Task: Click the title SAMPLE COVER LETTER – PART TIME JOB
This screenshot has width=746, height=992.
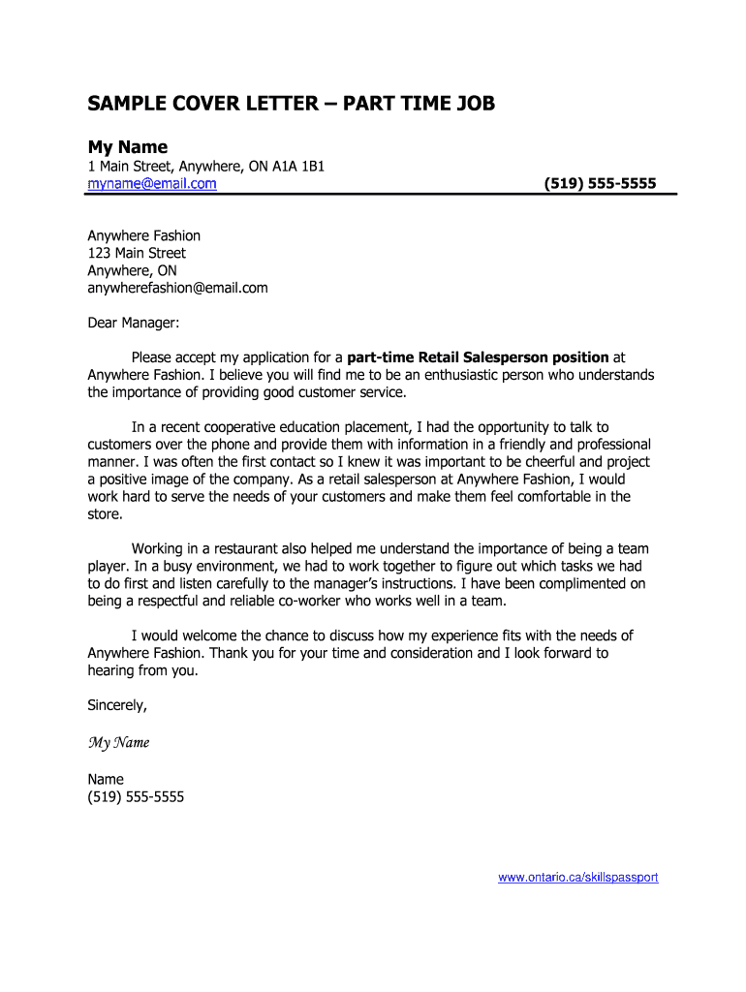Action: click(292, 103)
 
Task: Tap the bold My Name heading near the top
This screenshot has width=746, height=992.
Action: click(128, 146)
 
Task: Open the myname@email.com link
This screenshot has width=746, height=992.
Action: click(152, 183)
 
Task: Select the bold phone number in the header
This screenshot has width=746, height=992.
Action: click(600, 183)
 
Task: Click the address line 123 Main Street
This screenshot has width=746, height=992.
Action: click(137, 253)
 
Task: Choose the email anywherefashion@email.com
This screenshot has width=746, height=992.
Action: click(177, 288)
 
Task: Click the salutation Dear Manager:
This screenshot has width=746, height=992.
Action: click(133, 323)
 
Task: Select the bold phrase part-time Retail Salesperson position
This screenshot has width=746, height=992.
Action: click(479, 357)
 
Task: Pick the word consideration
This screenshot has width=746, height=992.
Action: click(428, 653)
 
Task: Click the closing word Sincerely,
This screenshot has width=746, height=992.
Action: click(117, 705)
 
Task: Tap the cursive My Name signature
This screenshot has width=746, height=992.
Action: click(118, 743)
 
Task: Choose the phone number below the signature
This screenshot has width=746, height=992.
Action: click(136, 796)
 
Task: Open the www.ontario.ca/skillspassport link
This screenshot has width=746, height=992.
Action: click(578, 877)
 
